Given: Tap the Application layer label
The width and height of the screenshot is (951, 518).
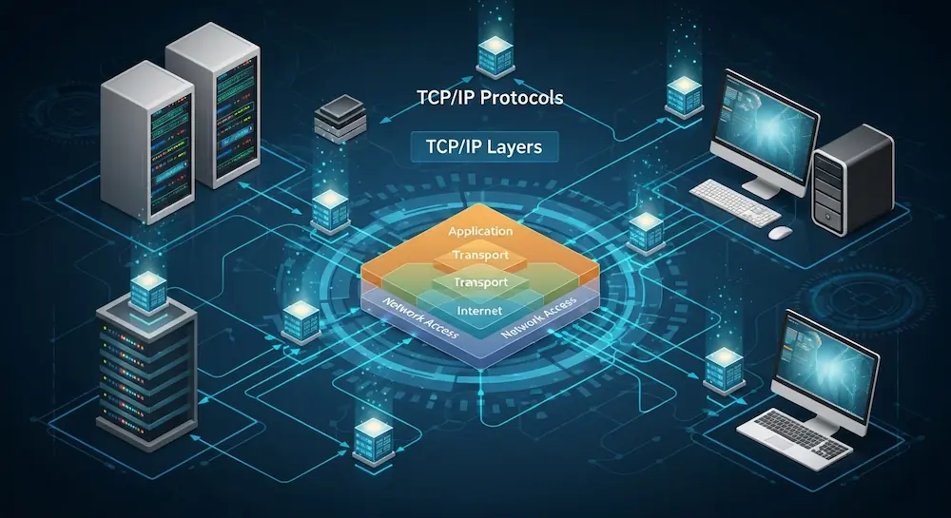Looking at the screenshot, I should pos(479,231).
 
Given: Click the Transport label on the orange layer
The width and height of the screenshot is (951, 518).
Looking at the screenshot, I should pos(479,256).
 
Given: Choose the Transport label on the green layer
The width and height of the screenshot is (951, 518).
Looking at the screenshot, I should pos(479,283).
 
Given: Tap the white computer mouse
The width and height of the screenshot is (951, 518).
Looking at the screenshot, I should pos(780,231).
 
